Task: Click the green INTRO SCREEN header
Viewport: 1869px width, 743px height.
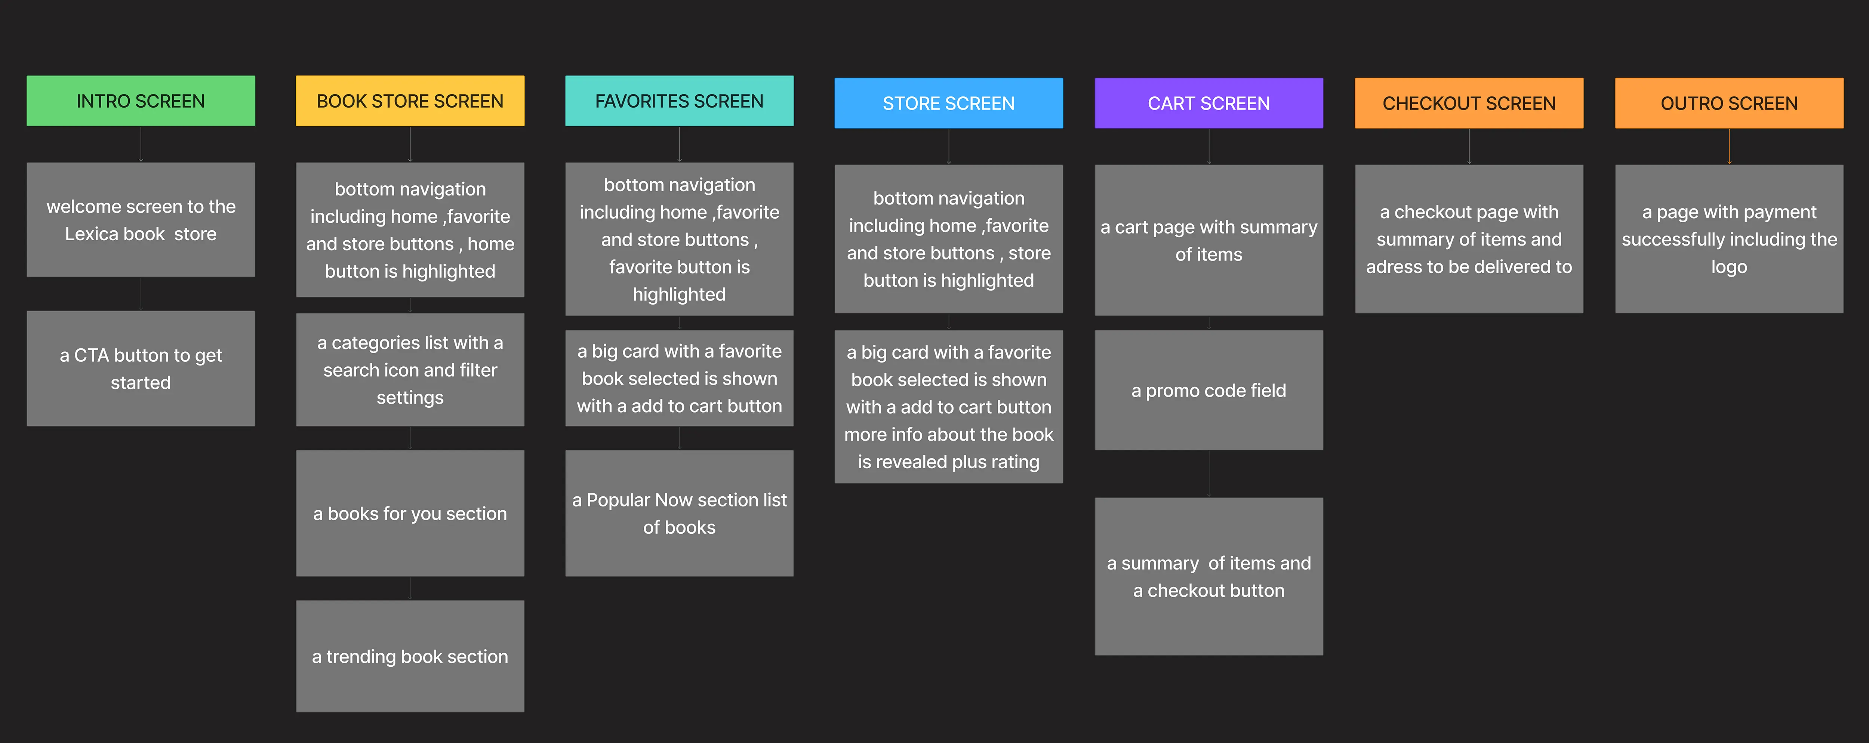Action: (x=141, y=101)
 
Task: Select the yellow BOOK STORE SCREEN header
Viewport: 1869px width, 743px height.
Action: (x=410, y=101)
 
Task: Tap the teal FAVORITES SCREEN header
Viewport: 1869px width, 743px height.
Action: (x=679, y=101)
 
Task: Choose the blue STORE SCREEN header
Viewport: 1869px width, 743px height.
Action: (x=948, y=103)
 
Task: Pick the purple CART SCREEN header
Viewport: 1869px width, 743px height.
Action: (x=1209, y=103)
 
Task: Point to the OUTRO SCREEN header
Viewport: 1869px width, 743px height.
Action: (x=1729, y=103)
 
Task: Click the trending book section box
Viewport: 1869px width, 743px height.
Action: (x=410, y=656)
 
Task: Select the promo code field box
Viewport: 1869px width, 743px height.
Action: (x=1209, y=390)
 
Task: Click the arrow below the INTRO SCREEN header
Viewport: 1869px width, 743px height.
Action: (x=141, y=144)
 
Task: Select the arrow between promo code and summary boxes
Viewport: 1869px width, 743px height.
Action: (x=1209, y=473)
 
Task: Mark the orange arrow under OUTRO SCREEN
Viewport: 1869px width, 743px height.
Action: (x=1729, y=147)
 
